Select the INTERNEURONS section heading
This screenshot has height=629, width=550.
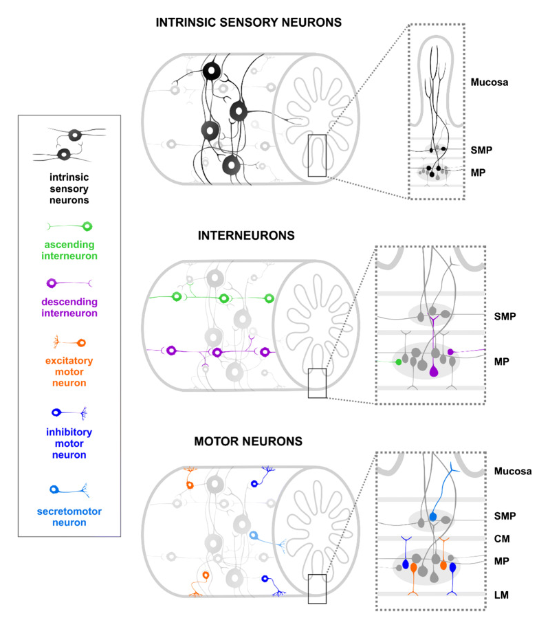(236, 235)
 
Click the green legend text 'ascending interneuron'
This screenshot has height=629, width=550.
(68, 250)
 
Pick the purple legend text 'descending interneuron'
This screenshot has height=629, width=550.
(68, 307)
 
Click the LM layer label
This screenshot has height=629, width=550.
(503, 593)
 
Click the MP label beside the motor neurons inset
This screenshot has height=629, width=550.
(503, 562)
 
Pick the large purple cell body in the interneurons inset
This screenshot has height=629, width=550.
(433, 372)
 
